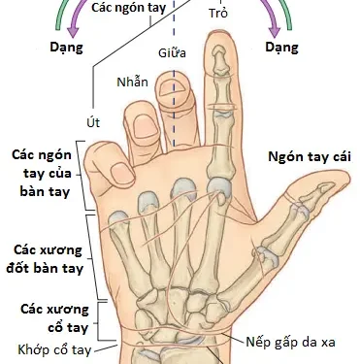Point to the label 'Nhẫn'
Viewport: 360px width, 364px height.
132,82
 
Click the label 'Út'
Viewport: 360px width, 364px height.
93,123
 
